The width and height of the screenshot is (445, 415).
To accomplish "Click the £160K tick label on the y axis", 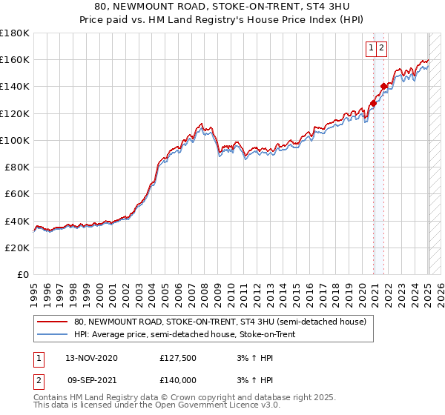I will pos(15,59).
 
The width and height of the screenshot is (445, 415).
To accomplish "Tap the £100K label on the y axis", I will pos(15,140).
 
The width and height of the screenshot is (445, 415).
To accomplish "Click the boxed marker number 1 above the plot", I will pos(371,48).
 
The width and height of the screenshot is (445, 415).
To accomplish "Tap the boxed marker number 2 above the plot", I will pos(381,48).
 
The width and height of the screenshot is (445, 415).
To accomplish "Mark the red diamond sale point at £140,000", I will pos(383,87).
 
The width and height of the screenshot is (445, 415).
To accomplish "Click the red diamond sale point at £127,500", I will pos(373,104).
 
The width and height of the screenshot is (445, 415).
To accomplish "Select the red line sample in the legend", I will pos(52,322).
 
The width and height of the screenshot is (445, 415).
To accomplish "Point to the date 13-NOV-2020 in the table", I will pos(92,358).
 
